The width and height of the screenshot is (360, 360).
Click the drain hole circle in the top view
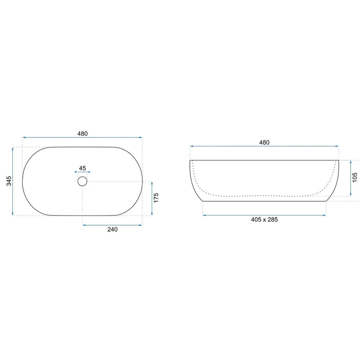click(82, 176)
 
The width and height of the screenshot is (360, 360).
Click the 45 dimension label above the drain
click(82, 168)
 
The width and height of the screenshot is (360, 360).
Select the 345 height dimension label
click(9, 181)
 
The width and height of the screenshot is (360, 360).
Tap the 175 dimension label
click(156, 197)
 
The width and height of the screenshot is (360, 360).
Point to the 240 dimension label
click(113, 229)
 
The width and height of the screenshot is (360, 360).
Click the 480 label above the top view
click(82, 134)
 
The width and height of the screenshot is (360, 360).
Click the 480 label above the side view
click(264, 142)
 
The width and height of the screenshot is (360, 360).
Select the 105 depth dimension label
click(355, 177)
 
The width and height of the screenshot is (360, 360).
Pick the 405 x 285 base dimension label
click(264, 220)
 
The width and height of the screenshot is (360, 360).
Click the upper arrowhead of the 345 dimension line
click(13, 149)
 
